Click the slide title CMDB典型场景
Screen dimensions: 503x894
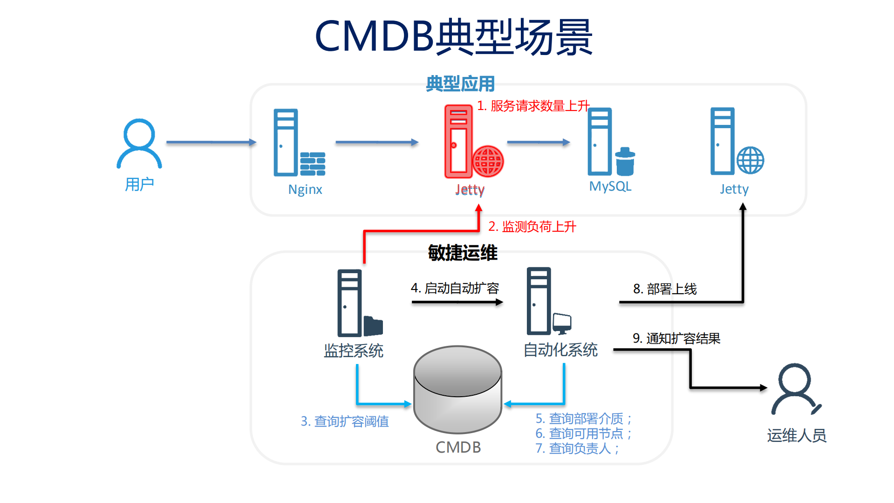coord(453,37)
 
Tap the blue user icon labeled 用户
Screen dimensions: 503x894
coord(139,144)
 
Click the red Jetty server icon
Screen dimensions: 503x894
coord(471,142)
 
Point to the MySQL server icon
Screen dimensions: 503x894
coord(609,142)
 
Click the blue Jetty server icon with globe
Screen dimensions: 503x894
coord(735,142)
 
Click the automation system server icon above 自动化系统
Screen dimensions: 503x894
coord(547,302)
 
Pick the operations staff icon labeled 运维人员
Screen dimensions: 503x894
coord(795,390)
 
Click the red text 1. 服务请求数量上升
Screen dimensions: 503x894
coord(533,106)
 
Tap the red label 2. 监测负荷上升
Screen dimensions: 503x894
coord(532,227)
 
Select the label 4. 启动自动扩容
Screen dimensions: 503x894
coord(455,288)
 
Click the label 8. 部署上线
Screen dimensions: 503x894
coord(665,289)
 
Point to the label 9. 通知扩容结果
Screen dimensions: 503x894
coord(676,338)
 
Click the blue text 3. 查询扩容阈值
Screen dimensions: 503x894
coord(345,421)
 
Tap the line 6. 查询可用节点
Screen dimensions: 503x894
coord(583,434)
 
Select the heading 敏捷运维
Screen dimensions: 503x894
coord(463,253)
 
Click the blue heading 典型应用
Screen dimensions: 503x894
coord(460,84)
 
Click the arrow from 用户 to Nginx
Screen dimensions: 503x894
coord(211,142)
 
